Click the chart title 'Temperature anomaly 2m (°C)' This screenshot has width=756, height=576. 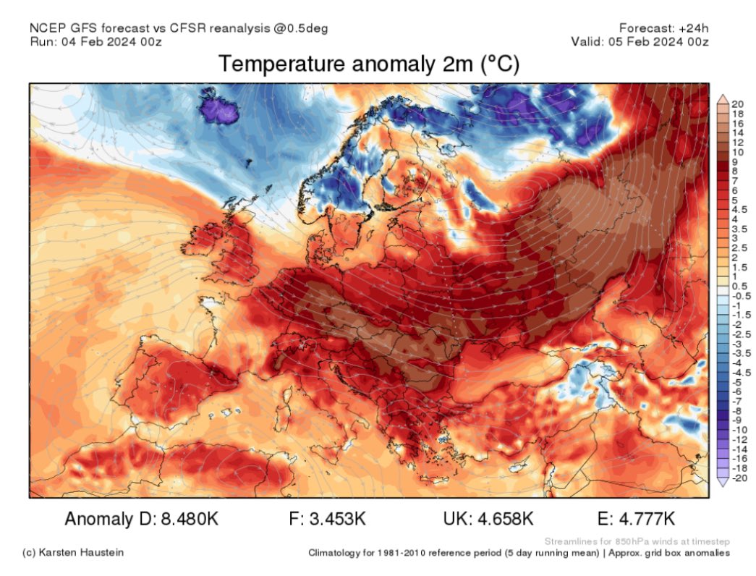point(369,64)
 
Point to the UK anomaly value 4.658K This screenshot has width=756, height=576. point(507,519)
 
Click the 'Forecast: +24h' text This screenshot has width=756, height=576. point(663,27)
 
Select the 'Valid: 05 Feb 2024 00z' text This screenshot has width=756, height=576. point(640,41)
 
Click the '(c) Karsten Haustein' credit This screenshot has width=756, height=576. point(73,553)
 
